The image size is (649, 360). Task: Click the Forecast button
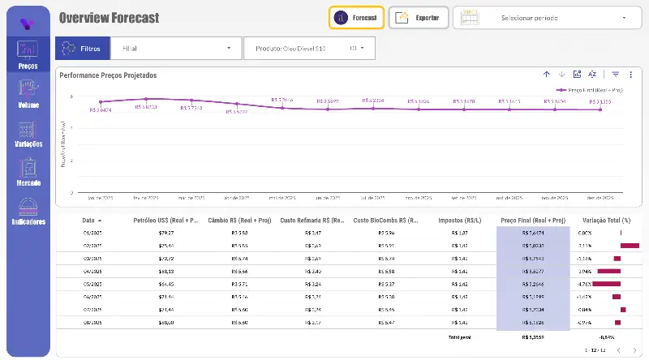pos(356,18)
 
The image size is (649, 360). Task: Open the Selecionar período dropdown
pos(542,18)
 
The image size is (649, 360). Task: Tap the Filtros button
pos(81,49)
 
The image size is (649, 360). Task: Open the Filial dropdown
pos(175,49)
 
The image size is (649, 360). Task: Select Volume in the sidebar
pos(28,93)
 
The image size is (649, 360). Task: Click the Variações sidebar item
pos(28,133)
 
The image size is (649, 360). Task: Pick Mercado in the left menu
pos(28,171)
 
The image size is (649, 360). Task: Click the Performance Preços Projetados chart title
pos(108,75)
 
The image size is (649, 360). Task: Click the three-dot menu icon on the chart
pos(630,75)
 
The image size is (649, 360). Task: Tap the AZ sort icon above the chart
pos(592,75)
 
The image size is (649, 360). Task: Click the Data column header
pos(88,220)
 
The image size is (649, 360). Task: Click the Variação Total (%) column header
pos(601,220)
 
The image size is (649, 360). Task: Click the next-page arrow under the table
pos(634,350)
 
